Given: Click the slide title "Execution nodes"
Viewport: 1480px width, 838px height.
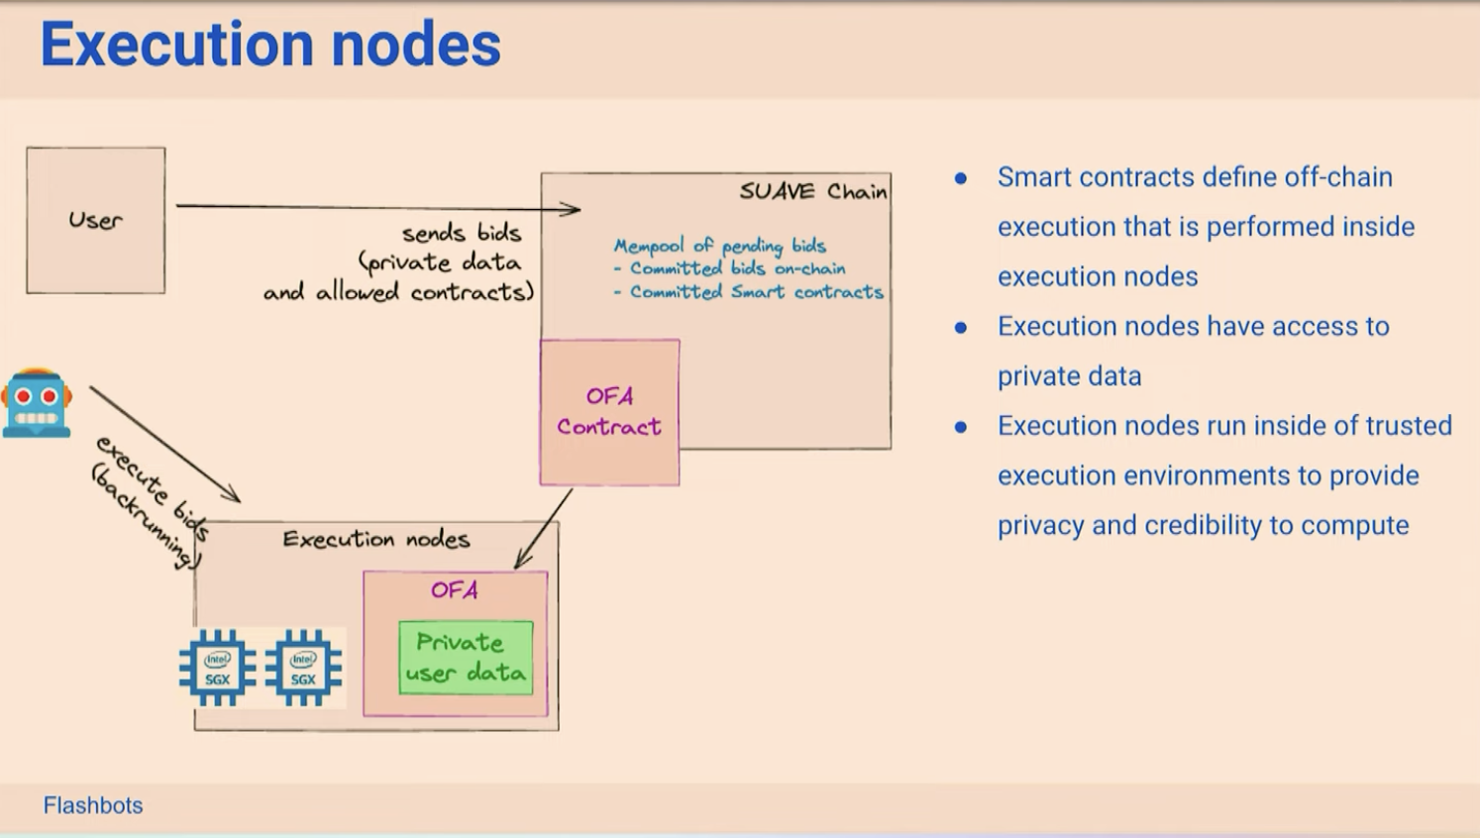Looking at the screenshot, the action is pos(270,45).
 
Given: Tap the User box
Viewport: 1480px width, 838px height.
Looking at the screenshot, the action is pos(96,220).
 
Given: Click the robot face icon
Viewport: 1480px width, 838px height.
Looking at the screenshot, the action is pos(37,402).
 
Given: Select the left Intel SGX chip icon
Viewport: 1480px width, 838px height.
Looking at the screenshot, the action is pos(217,668).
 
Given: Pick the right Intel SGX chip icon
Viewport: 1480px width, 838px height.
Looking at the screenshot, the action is pos(303,668).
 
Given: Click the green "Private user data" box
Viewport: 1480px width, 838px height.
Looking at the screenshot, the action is pos(466,658).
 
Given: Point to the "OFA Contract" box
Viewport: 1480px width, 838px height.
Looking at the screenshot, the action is pos(609,412).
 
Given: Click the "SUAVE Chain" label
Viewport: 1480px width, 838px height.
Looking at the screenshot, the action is pos(813,191).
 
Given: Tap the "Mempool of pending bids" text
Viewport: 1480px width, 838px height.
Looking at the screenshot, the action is pos(720,246).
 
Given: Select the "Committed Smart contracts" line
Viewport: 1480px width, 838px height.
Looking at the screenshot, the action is pos(749,291).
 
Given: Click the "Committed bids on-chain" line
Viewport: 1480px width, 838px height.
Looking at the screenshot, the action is pos(729,268).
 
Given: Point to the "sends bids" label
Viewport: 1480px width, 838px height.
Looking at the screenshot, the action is pos(462,233).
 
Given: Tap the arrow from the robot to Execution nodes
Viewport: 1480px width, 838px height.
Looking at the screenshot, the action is pos(164,444).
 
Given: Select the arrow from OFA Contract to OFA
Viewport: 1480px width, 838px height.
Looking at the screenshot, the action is pos(543,529).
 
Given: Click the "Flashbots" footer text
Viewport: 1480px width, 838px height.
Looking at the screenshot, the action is pos(93,805).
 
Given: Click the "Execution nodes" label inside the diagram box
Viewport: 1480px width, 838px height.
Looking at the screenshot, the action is pos(376,539).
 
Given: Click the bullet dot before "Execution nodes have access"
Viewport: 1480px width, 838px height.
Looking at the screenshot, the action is pos(961,327).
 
